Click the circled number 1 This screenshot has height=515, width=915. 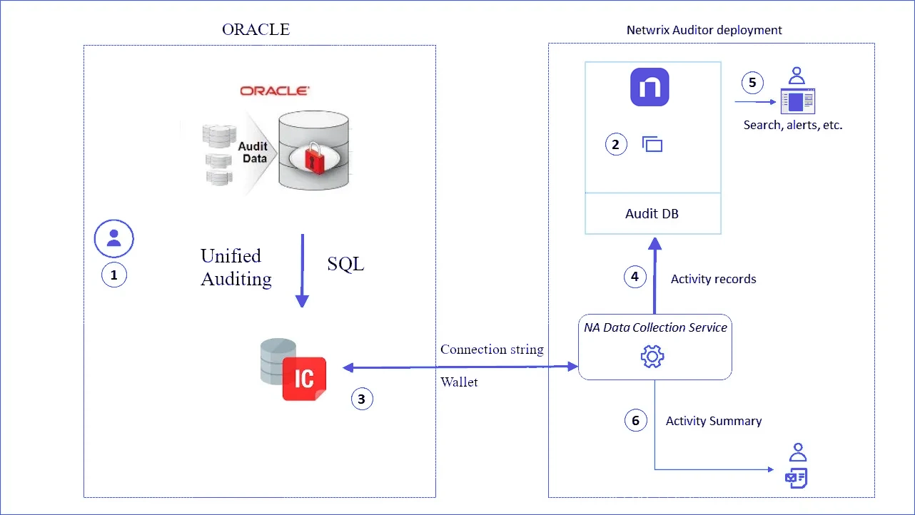[x=113, y=275]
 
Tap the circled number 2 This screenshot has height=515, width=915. [x=616, y=145]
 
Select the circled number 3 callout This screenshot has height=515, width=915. [x=362, y=399]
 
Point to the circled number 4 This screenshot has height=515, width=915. [x=635, y=277]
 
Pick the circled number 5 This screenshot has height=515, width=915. [x=752, y=82]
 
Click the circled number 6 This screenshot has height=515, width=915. [x=636, y=420]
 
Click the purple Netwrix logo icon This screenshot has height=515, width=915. [x=649, y=87]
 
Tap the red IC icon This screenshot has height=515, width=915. [x=304, y=378]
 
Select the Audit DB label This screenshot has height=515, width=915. [x=652, y=213]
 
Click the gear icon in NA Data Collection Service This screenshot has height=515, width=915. [x=653, y=356]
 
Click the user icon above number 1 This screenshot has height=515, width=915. [x=113, y=238]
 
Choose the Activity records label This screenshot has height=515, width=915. [x=713, y=279]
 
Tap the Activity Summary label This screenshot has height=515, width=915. [x=713, y=421]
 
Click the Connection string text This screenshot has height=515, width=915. [x=492, y=350]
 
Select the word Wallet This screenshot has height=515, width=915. [x=459, y=382]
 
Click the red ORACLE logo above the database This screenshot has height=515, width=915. [x=274, y=91]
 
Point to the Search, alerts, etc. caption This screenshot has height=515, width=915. [x=793, y=125]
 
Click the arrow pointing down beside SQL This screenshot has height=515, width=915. [x=302, y=271]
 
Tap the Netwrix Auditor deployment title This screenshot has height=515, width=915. [x=704, y=30]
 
